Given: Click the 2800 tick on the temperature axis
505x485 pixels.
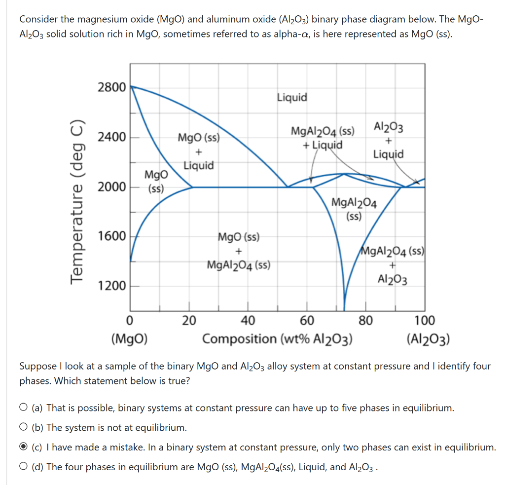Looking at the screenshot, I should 111,87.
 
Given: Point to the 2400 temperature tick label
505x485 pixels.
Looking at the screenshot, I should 111,137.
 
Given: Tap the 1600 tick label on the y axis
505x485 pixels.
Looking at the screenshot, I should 111,236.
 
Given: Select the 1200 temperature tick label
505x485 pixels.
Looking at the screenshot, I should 111,286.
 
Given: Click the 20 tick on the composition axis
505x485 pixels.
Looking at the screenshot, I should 189,321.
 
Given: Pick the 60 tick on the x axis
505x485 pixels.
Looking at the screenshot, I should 307,321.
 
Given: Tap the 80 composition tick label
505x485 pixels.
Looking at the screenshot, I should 365,321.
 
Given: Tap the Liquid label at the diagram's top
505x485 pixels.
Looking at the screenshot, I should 292,97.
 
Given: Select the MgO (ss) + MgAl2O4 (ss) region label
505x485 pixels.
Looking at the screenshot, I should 239,251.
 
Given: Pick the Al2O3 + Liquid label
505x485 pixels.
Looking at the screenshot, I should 388,140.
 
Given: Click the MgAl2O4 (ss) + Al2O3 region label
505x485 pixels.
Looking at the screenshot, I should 393,264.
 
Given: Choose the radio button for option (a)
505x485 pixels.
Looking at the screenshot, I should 24,408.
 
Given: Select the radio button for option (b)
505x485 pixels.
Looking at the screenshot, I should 24,428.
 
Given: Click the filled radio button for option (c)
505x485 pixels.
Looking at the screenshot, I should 24,448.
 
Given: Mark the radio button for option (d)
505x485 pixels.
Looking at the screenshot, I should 24,467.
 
